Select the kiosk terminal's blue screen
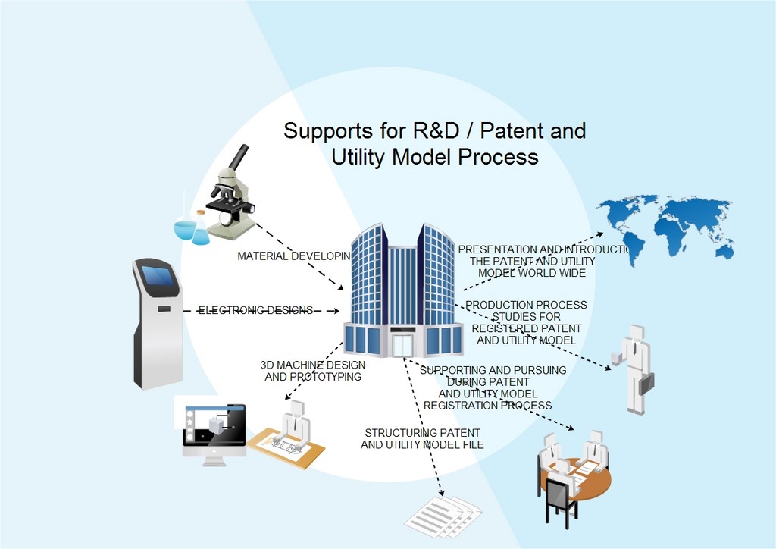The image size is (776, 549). pyautogui.click(x=161, y=279)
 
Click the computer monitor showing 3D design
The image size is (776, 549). pyautogui.click(x=214, y=428)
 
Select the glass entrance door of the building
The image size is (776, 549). pyautogui.click(x=402, y=346)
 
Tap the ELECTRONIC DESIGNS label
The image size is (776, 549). pyautogui.click(x=255, y=310)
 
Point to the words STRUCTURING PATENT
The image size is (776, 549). pyautogui.click(x=421, y=432)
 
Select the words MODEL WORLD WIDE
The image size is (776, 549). pyautogui.click(x=532, y=273)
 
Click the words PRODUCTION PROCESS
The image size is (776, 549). pyautogui.click(x=526, y=305)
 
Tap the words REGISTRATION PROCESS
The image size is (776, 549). pyautogui.click(x=487, y=405)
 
